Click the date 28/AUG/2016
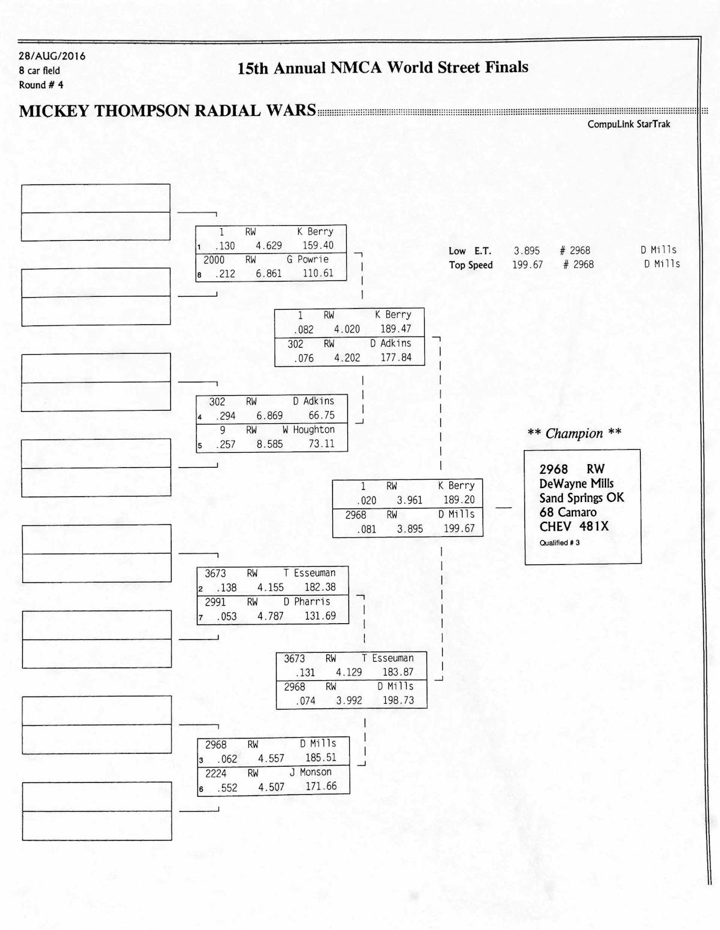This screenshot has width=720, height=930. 52,56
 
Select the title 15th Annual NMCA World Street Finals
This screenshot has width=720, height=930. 383,68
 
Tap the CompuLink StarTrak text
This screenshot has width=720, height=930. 629,124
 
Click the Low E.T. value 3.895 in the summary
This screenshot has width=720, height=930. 527,251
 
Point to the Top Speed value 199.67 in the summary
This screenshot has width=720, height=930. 527,265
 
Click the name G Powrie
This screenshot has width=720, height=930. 307,259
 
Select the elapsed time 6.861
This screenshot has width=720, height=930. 269,274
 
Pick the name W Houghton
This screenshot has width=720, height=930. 308,430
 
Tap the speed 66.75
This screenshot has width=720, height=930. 322,415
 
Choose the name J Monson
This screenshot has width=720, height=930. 310,771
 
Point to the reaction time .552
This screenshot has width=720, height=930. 227,788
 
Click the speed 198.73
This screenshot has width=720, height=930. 398,700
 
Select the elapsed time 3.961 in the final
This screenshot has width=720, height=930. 409,500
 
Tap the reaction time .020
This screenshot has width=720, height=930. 367,500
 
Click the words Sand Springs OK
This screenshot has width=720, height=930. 581,498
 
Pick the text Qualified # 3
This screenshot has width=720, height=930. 559,543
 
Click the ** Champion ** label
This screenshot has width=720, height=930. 574,433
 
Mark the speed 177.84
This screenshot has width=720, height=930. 396,357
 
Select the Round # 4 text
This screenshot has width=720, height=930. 41,85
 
